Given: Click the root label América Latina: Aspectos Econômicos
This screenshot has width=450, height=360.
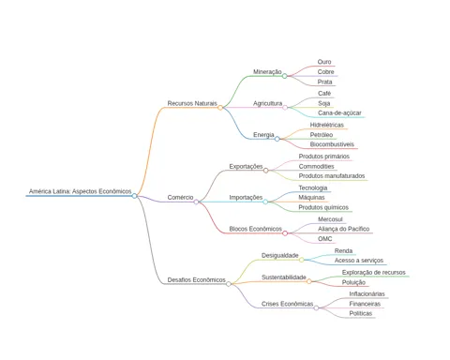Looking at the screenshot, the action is [81, 191].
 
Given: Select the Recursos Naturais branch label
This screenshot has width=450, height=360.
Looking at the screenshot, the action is [192, 103].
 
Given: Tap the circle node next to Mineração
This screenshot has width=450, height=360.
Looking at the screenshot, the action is [284, 76].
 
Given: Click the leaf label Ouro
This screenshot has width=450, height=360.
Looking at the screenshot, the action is [324, 62].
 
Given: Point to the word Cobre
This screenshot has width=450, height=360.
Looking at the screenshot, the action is [326, 72].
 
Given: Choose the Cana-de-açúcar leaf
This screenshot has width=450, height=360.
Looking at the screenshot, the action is [339, 113].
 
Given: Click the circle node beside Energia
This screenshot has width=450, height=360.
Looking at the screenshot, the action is [277, 139].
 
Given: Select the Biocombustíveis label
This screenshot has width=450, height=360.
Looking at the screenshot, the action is [332, 144].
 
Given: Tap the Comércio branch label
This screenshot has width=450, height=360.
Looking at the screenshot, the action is [180, 198].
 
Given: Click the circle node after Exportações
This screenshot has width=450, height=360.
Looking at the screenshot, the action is [265, 171].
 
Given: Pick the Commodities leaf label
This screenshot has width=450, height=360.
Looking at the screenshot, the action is [317, 167].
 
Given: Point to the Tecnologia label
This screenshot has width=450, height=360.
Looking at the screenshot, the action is [313, 188].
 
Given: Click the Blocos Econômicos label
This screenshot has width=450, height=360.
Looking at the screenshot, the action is [256, 229].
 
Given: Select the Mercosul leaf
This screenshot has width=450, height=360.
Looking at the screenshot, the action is [330, 219].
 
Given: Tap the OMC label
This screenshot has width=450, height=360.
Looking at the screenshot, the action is [325, 239].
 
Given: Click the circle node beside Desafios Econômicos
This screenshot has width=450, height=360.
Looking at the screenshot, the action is [229, 284].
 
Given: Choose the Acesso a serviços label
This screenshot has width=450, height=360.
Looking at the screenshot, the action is [359, 261].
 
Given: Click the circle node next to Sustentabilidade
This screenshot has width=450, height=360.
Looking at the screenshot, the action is [308, 281].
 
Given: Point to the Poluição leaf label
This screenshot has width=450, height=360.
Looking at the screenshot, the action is [353, 282].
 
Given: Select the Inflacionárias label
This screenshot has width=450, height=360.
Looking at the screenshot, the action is [367, 294].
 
